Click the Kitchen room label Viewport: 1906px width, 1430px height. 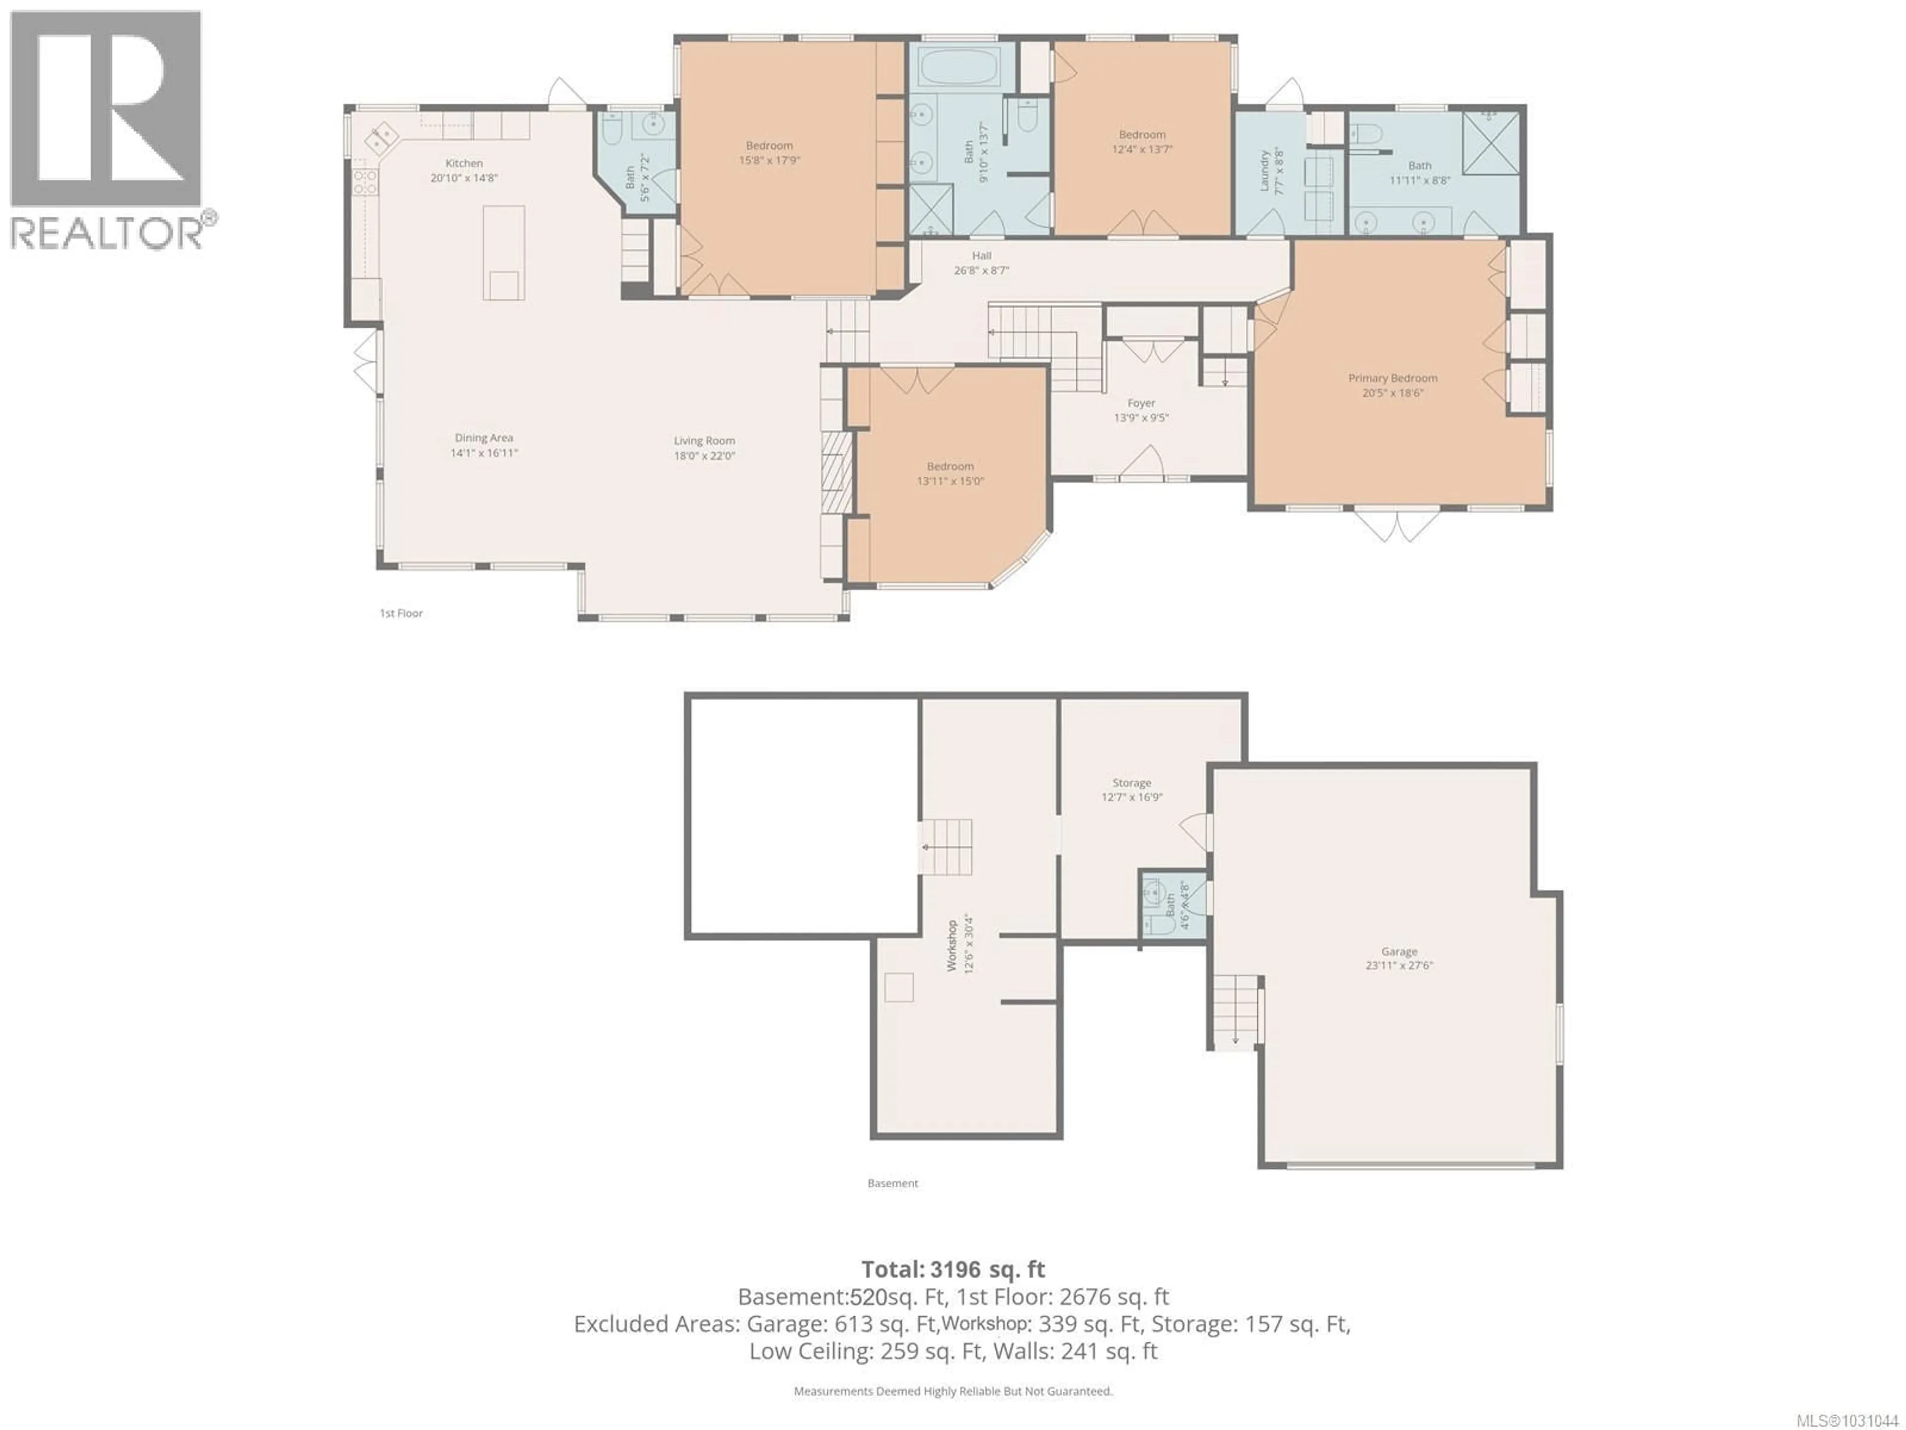pos(464,163)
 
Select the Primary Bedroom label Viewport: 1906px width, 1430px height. pos(1392,377)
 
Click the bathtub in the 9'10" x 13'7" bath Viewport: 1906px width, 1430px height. pos(958,67)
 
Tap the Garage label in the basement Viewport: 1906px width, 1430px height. pos(1399,952)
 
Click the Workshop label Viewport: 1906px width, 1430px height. pos(952,945)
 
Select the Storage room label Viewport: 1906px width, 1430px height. pos(1131,783)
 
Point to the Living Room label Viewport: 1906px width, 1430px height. pos(704,440)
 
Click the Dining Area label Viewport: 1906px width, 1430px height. pos(483,438)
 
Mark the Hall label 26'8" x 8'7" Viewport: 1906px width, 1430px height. pos(981,255)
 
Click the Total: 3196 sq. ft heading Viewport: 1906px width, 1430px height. pos(953,1269)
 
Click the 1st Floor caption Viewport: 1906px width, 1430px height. pos(402,613)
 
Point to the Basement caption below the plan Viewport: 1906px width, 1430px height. pos(892,1183)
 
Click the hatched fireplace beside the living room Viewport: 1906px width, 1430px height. pos(835,472)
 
